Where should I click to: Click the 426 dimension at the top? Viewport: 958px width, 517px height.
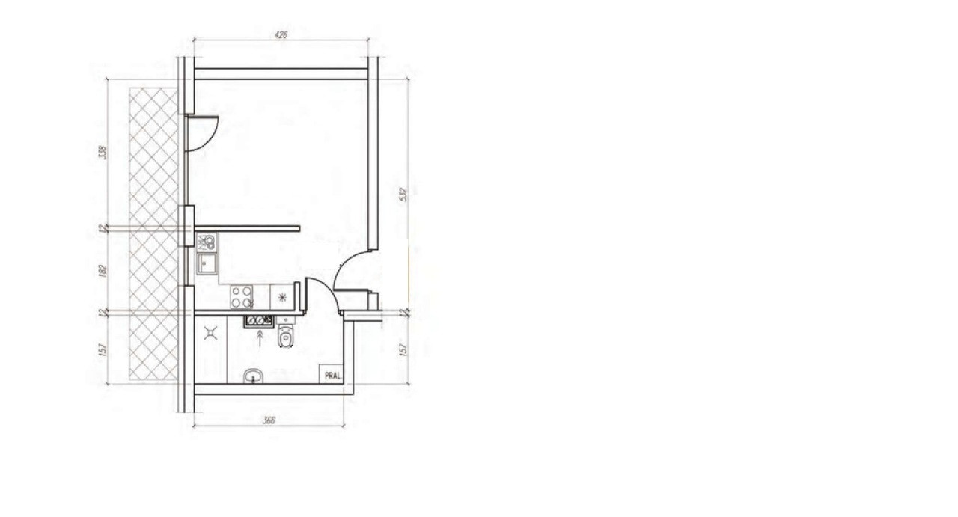click(281, 34)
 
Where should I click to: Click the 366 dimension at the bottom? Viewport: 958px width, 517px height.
click(269, 420)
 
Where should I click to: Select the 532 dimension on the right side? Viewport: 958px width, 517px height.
click(403, 195)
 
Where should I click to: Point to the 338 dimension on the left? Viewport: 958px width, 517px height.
click(102, 152)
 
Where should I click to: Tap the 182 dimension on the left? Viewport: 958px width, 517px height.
click(102, 270)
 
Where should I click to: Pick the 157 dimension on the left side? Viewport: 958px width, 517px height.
click(102, 349)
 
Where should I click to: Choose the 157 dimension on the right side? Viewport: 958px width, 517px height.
click(403, 349)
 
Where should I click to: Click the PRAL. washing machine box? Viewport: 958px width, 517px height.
click(332, 374)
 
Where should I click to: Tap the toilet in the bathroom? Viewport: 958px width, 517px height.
click(286, 336)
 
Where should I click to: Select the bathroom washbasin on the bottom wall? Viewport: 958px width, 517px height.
click(254, 376)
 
